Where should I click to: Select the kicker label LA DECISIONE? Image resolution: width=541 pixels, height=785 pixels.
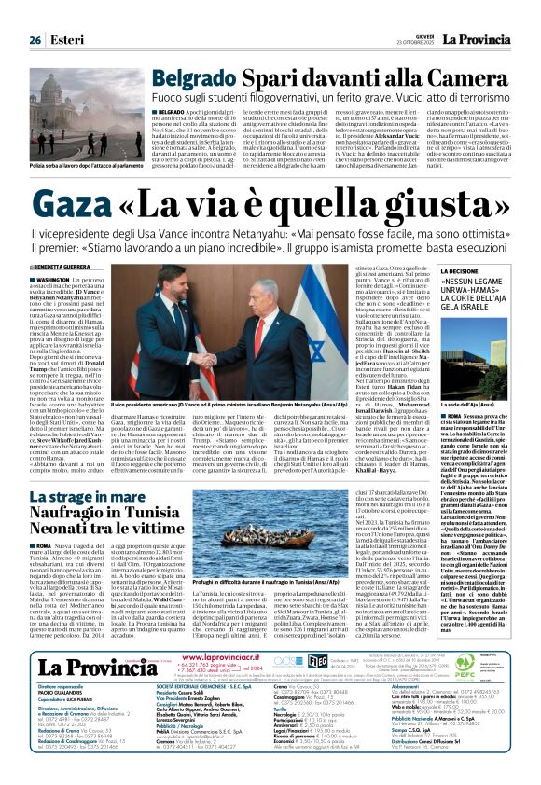click(x=441, y=270)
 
